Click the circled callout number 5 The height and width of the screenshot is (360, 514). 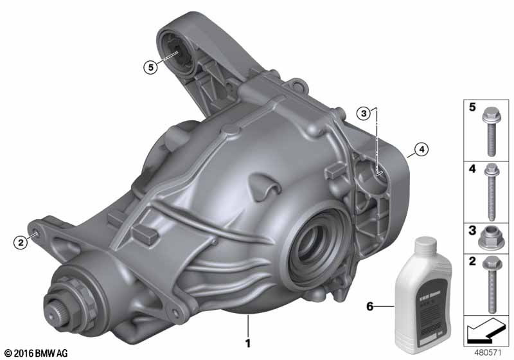click(x=150, y=66)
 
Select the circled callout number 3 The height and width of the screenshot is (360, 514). click(x=364, y=114)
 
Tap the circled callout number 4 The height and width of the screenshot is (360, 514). click(x=402, y=150)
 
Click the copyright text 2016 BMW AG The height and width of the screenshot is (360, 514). click(x=36, y=353)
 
